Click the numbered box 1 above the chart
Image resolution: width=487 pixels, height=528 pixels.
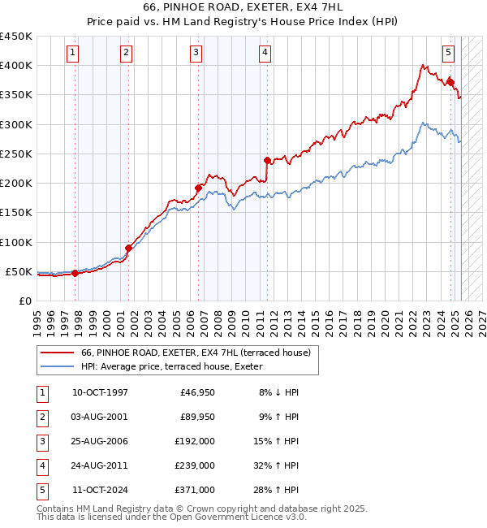(73, 54)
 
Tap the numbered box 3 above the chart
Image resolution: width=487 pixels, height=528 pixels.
(196, 54)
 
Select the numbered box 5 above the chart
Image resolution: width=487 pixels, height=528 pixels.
(449, 54)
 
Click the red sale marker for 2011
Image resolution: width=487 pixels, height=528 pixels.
(267, 160)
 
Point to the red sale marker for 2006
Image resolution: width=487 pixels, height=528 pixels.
(198, 188)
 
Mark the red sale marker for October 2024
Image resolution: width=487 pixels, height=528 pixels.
(450, 81)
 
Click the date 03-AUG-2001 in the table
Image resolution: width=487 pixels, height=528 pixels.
(100, 417)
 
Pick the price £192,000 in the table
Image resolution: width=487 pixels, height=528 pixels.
(195, 441)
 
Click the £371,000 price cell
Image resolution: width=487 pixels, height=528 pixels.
(195, 490)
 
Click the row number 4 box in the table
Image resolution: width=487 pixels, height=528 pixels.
(41, 465)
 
